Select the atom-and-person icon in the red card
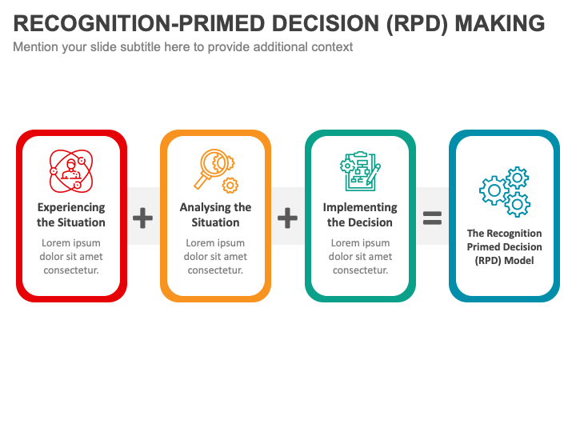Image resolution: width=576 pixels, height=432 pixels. tap(71, 171)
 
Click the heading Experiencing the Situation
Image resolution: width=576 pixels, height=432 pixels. tap(71, 215)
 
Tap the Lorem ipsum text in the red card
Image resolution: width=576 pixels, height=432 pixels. tap(71, 257)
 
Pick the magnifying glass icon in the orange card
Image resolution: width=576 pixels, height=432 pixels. tap(215, 170)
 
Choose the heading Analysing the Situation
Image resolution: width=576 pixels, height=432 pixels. tap(215, 215)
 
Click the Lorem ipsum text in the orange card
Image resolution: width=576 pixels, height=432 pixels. tap(215, 257)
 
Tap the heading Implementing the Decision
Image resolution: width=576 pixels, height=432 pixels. tap(360, 215)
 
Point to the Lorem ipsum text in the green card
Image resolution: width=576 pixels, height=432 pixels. tap(360, 257)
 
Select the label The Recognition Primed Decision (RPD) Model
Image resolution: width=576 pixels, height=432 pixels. tap(505, 247)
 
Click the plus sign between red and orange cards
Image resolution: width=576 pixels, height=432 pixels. tap(142, 217)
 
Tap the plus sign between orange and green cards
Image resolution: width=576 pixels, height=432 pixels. tap(287, 217)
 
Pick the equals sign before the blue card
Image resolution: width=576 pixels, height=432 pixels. tap(432, 217)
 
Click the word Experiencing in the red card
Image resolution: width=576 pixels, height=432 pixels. tap(71, 207)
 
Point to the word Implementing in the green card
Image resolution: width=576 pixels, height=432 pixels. tap(360, 207)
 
